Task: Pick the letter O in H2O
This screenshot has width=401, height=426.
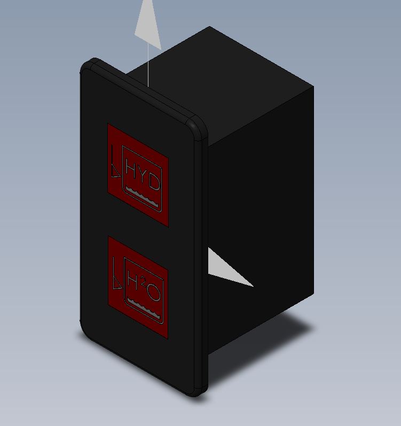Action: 154,293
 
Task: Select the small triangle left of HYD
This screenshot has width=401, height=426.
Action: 115,171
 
